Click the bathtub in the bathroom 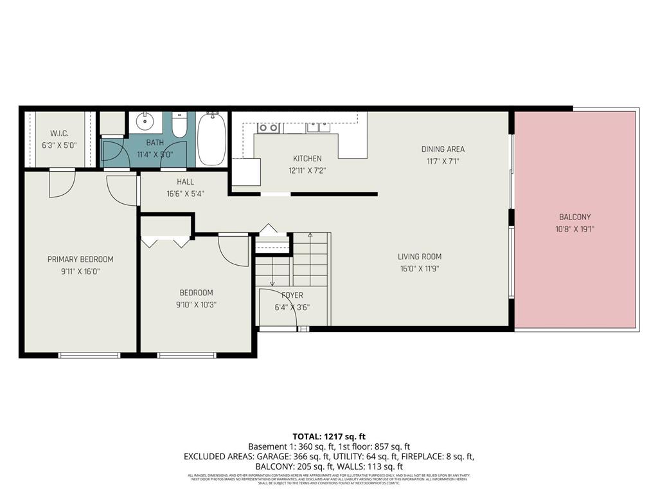(x=211, y=139)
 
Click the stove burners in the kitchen (x=268, y=127)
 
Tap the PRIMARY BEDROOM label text (x=80, y=259)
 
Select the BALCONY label (x=574, y=217)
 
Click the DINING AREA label (x=443, y=149)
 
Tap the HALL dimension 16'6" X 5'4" (x=186, y=194)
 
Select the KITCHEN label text (x=307, y=158)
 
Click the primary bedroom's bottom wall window (x=89, y=354)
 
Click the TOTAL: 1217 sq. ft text (x=328, y=436)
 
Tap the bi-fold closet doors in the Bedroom (x=166, y=242)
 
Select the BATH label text (x=155, y=143)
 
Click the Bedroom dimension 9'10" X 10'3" (x=197, y=305)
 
